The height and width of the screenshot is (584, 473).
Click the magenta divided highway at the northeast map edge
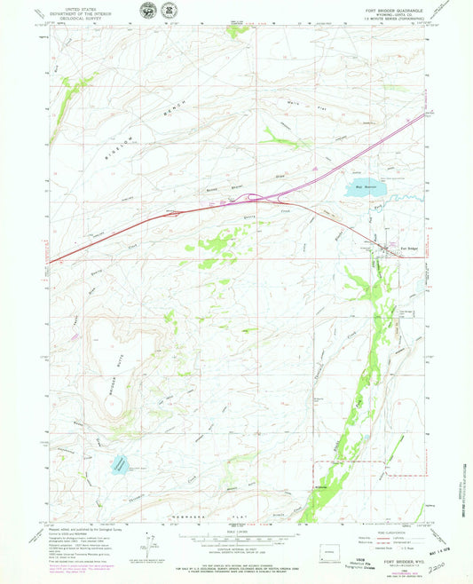[x=422, y=113]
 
